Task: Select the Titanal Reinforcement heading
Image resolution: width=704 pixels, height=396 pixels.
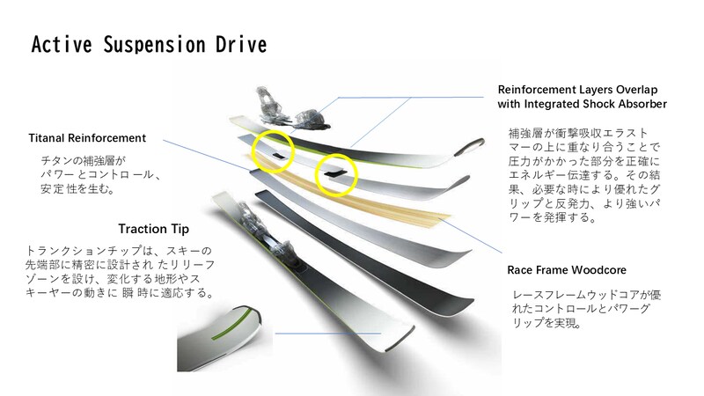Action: click(x=87, y=138)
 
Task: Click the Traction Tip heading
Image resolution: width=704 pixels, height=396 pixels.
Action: click(x=155, y=229)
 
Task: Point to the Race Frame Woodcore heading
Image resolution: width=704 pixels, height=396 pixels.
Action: click(x=565, y=269)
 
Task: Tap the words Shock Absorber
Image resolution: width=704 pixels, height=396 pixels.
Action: click(x=623, y=104)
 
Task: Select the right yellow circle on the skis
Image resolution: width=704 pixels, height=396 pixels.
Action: click(x=334, y=173)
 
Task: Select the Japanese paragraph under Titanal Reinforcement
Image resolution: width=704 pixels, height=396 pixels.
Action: click(x=97, y=175)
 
